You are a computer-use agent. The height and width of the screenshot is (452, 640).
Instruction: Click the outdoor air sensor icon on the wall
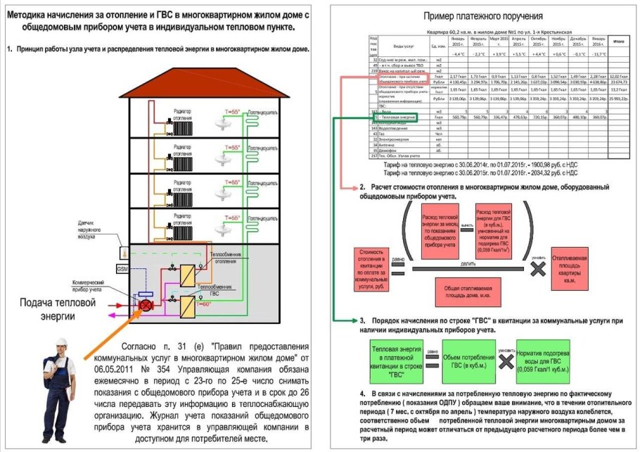coord(124,250)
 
